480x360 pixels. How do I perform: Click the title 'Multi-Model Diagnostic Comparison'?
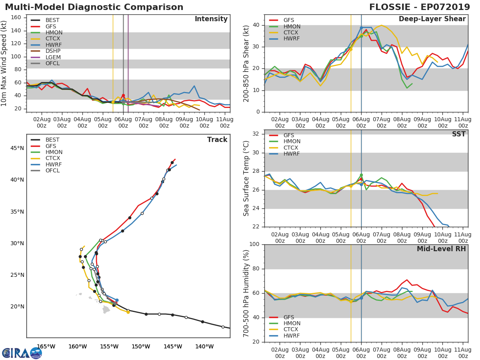point(94,7)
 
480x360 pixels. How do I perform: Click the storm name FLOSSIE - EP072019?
point(420,7)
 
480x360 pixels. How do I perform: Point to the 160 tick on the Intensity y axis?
point(16,18)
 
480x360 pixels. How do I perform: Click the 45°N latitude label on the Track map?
point(17,148)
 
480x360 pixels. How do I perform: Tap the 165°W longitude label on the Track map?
point(46,346)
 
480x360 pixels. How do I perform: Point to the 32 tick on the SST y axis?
point(256,134)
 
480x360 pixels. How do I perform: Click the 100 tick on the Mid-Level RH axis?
point(254,244)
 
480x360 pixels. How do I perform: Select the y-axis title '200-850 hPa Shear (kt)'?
point(246,64)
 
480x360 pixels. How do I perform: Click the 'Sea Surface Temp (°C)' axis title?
point(246,178)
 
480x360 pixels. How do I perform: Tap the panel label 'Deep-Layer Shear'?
point(432,19)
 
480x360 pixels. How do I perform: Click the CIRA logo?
point(22,353)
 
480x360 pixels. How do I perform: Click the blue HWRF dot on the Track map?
point(117,300)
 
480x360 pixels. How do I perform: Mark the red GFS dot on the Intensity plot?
point(123,96)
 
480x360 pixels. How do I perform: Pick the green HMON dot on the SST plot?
point(361,175)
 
